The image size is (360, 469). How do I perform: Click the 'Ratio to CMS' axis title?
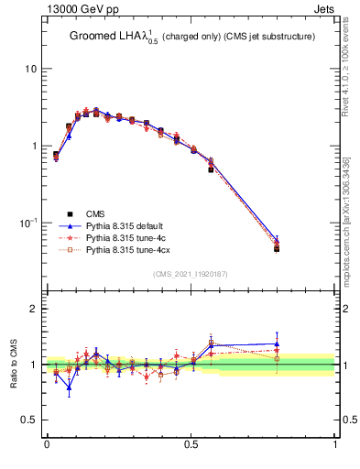13,365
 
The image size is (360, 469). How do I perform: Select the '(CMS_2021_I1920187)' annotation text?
191,274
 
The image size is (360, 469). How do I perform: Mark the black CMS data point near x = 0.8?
277,249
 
